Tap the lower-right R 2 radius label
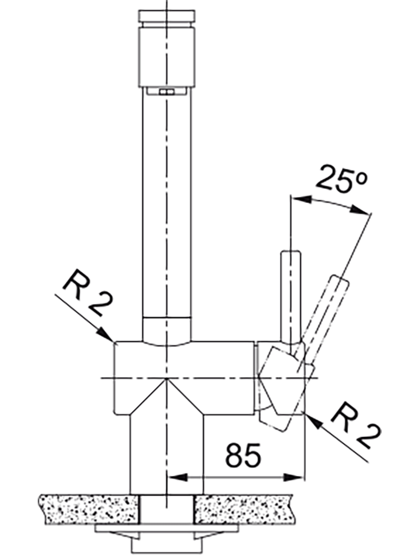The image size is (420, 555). pos(355,427)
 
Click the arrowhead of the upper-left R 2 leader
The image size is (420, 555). pos(106,334)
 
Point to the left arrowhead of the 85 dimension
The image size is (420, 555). pos(176,478)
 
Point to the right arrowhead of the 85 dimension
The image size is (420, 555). pos(294,478)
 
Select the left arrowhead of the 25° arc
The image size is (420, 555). pos(300,199)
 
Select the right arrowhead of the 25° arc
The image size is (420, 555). pos(360,210)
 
